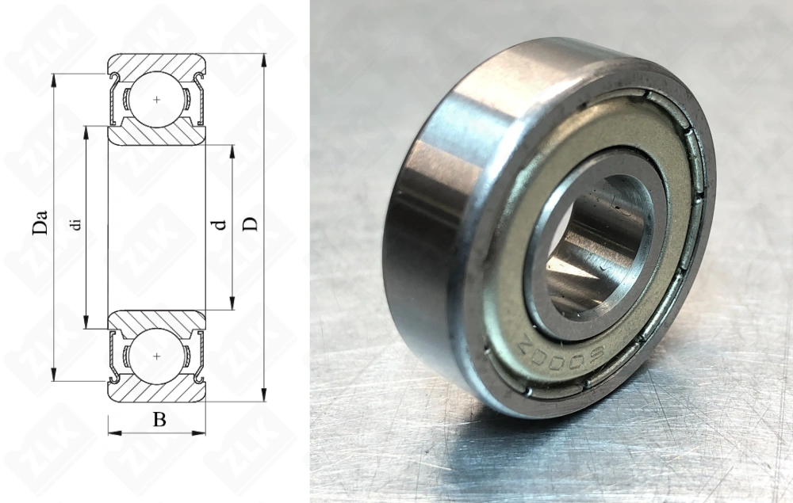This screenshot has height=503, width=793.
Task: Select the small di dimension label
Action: click(76, 224)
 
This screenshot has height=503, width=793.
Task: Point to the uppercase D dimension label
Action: click(251, 223)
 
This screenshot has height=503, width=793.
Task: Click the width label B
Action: click(159, 420)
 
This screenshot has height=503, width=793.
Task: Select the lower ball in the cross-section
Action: click(157, 356)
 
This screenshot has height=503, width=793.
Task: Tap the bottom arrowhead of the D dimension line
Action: click(264, 395)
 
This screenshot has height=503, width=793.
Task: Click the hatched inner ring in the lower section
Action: click(157, 319)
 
